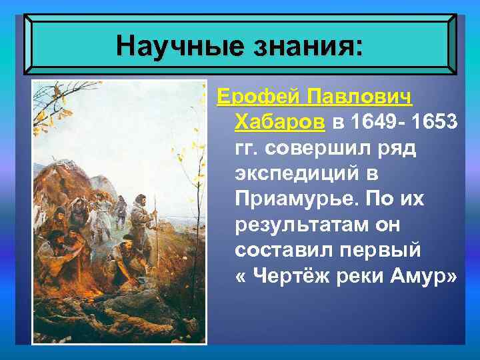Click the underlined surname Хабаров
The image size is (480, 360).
[280, 123]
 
